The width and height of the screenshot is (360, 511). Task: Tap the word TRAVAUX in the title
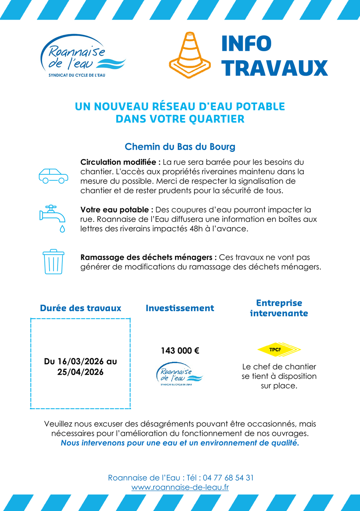pos(274,68)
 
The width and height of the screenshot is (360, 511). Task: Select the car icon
pos(53,176)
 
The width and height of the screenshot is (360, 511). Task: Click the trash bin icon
pos(53,262)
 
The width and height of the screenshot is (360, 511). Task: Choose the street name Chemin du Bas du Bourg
pos(180,147)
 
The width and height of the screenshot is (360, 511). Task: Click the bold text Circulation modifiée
pos(120,162)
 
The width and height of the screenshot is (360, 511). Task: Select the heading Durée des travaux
pos(80,308)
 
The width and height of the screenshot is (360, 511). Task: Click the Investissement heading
pos(180,308)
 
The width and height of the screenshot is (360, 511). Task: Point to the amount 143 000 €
pos(180,351)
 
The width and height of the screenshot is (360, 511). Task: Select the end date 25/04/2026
pos(80,372)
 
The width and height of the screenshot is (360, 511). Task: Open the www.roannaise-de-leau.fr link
pos(180,488)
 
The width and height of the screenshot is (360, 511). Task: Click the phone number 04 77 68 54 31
pos(228,478)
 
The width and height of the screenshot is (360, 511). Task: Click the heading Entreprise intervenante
pos(279,308)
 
